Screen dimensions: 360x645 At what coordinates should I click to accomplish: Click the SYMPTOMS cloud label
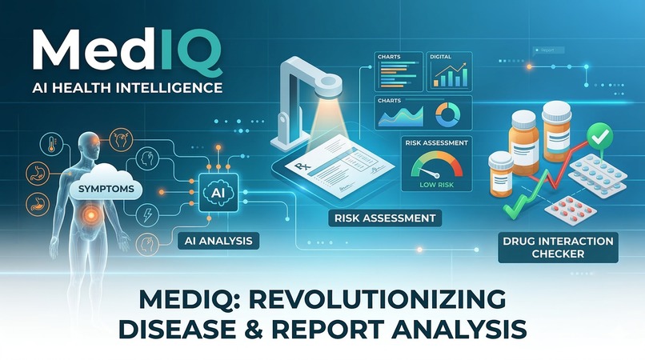pos(103,190)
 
